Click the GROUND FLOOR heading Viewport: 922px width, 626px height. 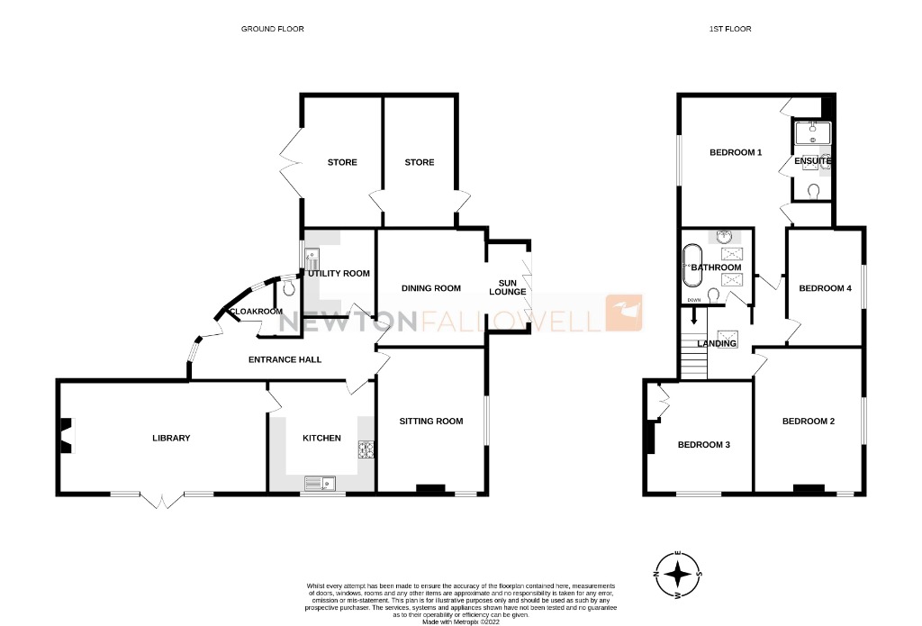(x=272, y=29)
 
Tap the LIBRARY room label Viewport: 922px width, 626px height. (x=171, y=439)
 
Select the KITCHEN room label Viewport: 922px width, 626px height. (x=321, y=439)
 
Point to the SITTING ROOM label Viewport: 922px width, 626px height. (x=430, y=421)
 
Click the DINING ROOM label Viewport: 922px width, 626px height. (x=430, y=288)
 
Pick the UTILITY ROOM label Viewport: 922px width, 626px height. (x=339, y=273)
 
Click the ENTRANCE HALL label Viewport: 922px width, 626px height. (x=285, y=360)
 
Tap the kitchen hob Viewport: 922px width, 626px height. (x=366, y=449)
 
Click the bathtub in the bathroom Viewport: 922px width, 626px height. (x=691, y=267)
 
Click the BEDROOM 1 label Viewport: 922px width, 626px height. (x=736, y=152)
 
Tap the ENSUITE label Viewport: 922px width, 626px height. (x=812, y=161)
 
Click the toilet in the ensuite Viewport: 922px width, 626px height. (x=815, y=190)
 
